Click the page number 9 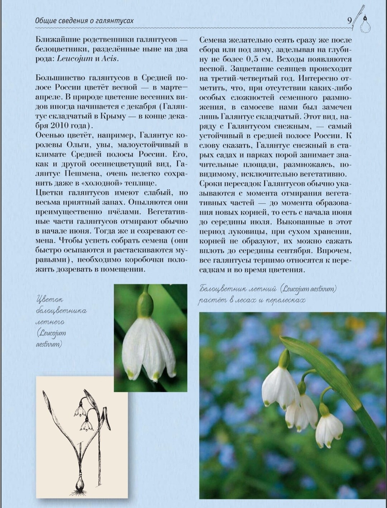pyautogui.click(x=349, y=20)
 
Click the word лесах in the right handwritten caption pyautogui.click(x=246, y=300)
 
